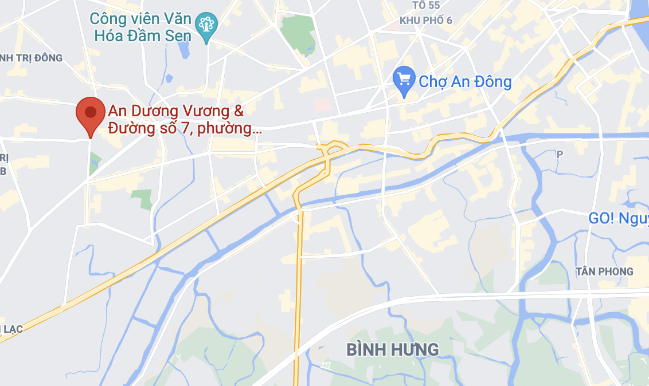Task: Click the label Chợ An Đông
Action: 465,81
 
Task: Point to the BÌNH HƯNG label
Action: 393,349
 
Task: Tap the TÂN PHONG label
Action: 605,271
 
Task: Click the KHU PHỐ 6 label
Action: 425,20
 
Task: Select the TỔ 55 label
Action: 425,5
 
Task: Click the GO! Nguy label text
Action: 618,218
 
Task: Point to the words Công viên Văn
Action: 140,18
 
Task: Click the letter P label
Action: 560,154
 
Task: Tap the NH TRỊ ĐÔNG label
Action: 32,58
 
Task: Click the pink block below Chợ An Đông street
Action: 322,105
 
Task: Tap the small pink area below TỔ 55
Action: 393,26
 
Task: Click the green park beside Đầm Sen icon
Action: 299,31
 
